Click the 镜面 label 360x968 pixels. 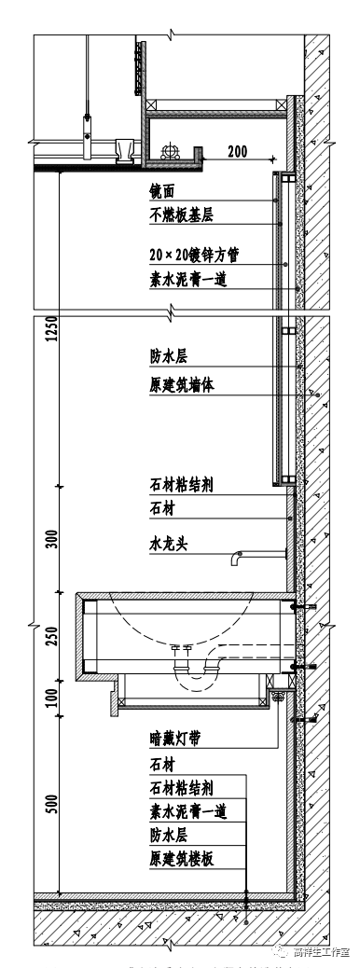pyautogui.click(x=162, y=192)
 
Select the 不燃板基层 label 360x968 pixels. pyautogui.click(x=182, y=216)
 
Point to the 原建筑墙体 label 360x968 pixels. pyautogui.click(x=182, y=385)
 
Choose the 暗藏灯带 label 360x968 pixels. pyautogui.click(x=175, y=740)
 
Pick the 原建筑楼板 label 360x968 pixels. pyautogui.click(x=182, y=858)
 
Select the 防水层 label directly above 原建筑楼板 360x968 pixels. pyautogui.click(x=169, y=835)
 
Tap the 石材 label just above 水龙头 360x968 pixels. pyautogui.click(x=162, y=510)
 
